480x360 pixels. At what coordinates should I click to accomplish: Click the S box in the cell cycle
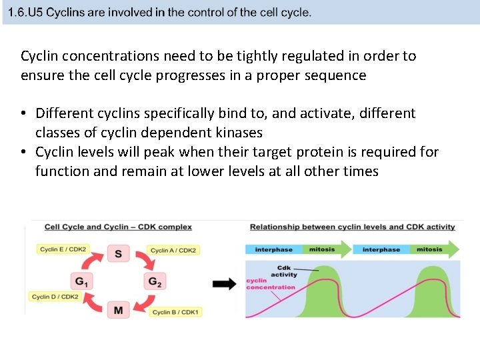click(118, 253)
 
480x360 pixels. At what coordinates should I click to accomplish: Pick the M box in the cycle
click(118, 310)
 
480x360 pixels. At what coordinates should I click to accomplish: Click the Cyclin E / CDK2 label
click(63, 249)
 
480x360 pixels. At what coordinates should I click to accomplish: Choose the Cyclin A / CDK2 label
click(173, 251)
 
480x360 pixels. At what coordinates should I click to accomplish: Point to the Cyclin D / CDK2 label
click(55, 297)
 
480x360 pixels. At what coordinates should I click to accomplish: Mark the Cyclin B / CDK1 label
click(176, 312)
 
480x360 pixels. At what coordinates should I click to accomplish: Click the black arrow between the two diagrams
click(224, 284)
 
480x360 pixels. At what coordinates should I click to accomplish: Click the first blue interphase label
click(273, 249)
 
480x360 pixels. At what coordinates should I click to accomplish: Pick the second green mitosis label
click(429, 249)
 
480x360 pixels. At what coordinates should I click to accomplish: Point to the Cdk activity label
click(284, 271)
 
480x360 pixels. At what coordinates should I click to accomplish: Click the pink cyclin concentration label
click(270, 284)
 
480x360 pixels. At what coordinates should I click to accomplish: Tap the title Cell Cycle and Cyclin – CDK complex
click(118, 227)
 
